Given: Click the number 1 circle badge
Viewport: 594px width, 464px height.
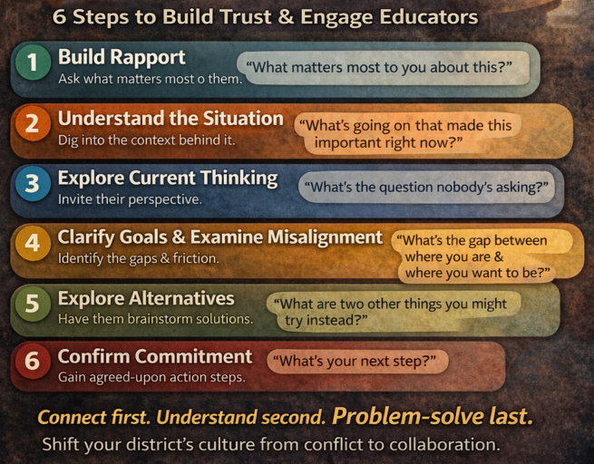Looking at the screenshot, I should click(x=33, y=63).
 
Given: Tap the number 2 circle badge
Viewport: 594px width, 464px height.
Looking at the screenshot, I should click(x=33, y=125).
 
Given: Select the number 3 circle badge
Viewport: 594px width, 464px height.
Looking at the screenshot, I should click(x=33, y=184).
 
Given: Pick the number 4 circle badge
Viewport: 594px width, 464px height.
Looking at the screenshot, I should click(x=33, y=244).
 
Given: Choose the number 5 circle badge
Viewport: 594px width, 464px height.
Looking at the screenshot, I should click(x=33, y=304).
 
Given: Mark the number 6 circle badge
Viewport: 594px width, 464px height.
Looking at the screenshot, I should click(x=33, y=362).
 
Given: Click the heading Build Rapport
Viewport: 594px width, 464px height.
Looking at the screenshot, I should click(x=122, y=57).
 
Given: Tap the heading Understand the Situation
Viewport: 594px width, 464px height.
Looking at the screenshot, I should click(x=170, y=118).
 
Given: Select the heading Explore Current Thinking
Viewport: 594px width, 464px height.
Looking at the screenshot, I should click(x=168, y=178).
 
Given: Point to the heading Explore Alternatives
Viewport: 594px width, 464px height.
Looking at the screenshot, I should click(x=146, y=298).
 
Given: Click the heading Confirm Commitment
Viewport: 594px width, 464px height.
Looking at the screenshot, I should click(x=155, y=356).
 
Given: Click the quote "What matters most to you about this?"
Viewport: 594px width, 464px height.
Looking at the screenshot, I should click(x=382, y=68).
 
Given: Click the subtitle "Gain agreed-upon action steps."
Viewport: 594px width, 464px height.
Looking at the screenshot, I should click(x=151, y=377).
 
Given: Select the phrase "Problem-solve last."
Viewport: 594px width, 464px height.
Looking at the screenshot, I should click(x=432, y=418).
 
